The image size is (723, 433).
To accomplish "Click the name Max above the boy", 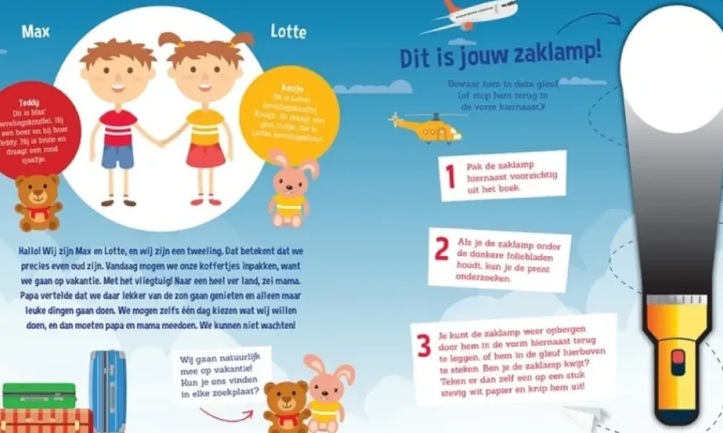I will [x=35, y=31].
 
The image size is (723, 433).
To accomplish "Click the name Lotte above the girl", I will [x=288, y=31].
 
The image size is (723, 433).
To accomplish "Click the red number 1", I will [x=449, y=177].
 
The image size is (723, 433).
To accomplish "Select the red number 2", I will [x=441, y=249].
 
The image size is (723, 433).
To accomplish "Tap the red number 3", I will [x=423, y=346].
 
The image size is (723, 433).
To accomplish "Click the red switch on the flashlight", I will [x=678, y=363].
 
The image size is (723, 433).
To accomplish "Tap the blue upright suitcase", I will [x=108, y=390].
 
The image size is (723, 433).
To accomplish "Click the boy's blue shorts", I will [x=117, y=156].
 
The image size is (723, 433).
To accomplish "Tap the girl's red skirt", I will [x=206, y=155].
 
